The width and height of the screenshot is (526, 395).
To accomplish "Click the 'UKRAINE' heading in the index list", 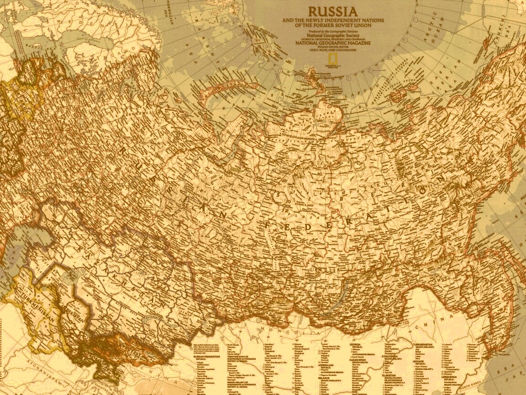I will [x=420, y=374].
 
